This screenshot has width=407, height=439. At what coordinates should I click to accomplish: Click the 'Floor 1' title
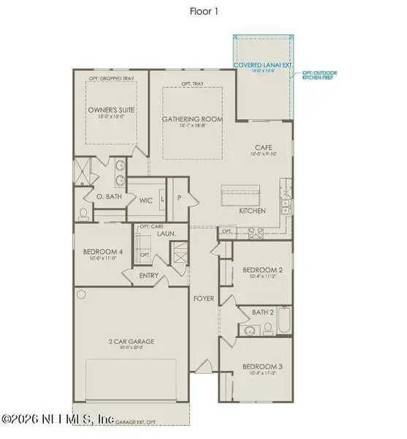(203, 12)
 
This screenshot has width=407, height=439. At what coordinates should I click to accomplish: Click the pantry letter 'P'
(178, 198)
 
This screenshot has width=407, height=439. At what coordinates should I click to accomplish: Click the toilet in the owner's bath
(83, 212)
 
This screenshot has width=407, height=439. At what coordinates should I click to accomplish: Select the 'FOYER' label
(202, 299)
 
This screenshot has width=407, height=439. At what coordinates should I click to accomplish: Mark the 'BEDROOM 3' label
(261, 364)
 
